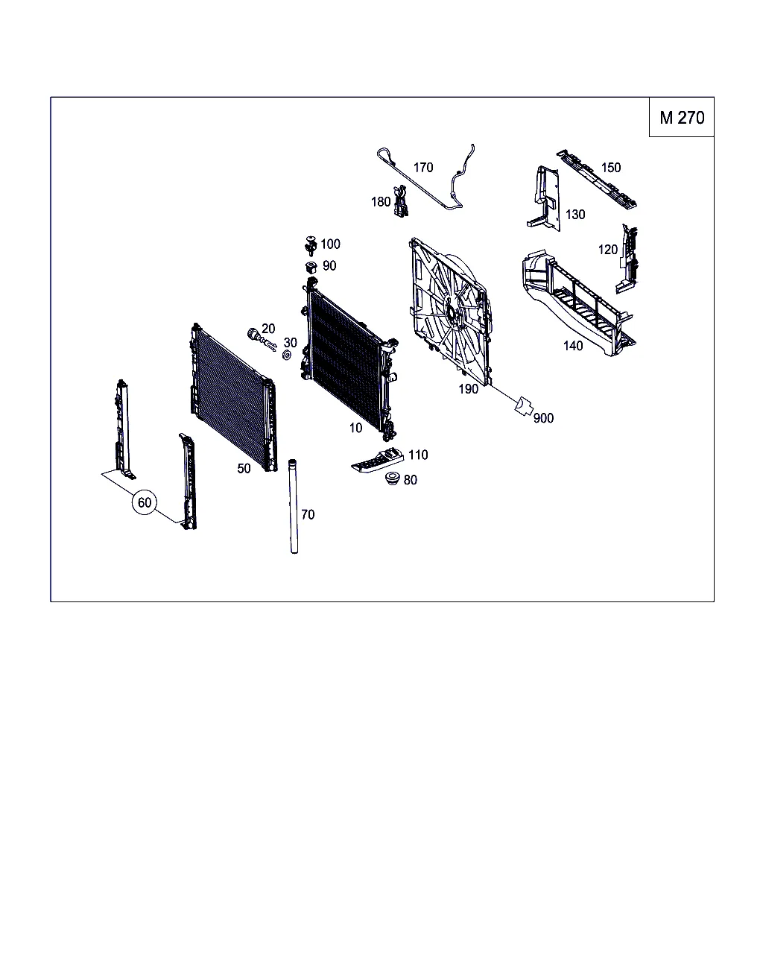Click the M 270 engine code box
tap(681, 117)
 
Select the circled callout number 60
tap(145, 502)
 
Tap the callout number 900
tap(543, 418)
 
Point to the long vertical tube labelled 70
tap(293, 506)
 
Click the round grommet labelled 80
tap(392, 478)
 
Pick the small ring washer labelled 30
tap(287, 355)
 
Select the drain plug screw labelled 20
tap(262, 339)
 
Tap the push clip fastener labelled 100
tap(311, 246)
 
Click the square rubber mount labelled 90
tap(311, 268)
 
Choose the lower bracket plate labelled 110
tap(378, 461)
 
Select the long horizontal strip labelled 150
tap(597, 179)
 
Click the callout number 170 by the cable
tap(423, 168)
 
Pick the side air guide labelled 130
tap(545, 198)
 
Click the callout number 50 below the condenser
tap(244, 469)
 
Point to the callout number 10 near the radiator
tap(355, 428)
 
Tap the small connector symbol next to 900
tap(523, 406)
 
